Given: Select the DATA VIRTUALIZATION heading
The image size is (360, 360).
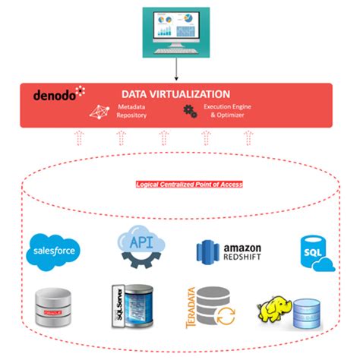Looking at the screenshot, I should tap(175, 93).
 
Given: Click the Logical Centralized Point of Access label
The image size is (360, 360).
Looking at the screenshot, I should tap(183, 185).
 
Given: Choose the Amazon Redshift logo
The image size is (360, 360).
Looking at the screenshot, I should tap(228, 251).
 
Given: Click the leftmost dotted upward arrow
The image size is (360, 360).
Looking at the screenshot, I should tap(78, 137).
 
